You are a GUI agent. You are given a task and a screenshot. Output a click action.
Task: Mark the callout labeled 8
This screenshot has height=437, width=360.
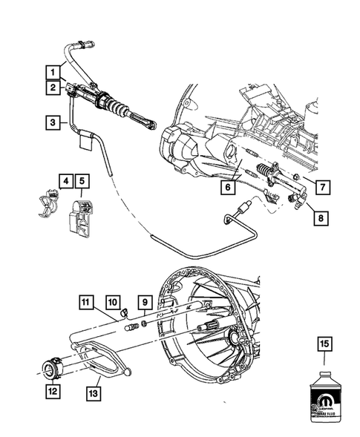pos(320,218)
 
